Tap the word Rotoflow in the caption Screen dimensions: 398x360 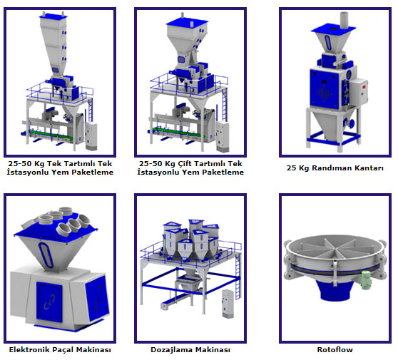click(335, 349)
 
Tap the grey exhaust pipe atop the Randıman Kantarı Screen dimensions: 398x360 click(344, 20)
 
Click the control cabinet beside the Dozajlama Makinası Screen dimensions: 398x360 click(228, 304)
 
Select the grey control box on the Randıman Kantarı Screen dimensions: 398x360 click(359, 91)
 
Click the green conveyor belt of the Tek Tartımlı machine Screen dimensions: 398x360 click(51, 135)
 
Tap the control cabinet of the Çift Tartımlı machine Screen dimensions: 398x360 click(223, 136)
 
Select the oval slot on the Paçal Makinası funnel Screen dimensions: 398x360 click(46, 254)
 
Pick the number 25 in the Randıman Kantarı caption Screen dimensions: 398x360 click(291, 168)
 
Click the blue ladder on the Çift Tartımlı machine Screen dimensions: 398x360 click(225, 105)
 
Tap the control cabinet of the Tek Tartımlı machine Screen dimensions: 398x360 click(91, 135)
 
